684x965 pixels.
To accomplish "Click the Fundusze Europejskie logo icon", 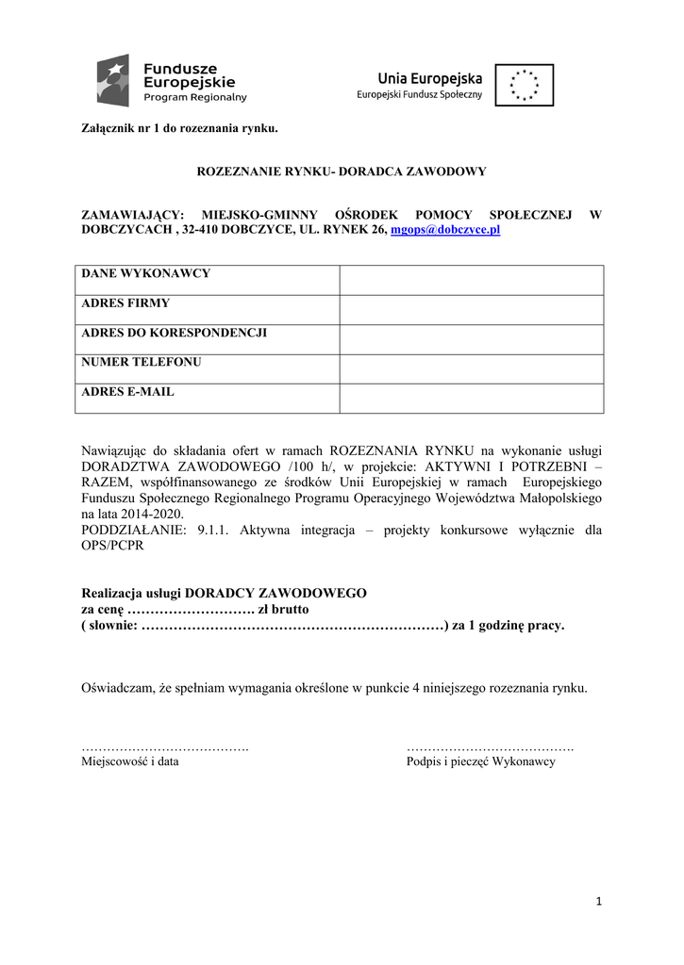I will [x=116, y=80].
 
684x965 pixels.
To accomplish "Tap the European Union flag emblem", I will [x=524, y=85].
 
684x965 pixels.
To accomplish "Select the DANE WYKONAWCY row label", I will [x=146, y=274].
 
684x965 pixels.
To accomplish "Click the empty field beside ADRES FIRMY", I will [x=471, y=309].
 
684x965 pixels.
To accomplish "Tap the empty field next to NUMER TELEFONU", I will [x=471, y=368].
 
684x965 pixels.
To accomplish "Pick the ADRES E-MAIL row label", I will [x=128, y=391].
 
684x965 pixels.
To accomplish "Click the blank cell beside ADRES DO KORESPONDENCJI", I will [x=471, y=339].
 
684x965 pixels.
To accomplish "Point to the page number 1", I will [x=598, y=902].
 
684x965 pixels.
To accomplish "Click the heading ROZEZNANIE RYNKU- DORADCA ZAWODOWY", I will [x=341, y=172].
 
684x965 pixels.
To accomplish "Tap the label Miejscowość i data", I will [x=130, y=761].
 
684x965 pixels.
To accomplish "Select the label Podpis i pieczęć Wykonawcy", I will [x=480, y=761].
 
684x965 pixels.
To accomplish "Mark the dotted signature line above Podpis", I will [x=491, y=746].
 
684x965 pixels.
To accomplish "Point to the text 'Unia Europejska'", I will [x=430, y=78].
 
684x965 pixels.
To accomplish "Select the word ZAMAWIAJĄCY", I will [x=132, y=215].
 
